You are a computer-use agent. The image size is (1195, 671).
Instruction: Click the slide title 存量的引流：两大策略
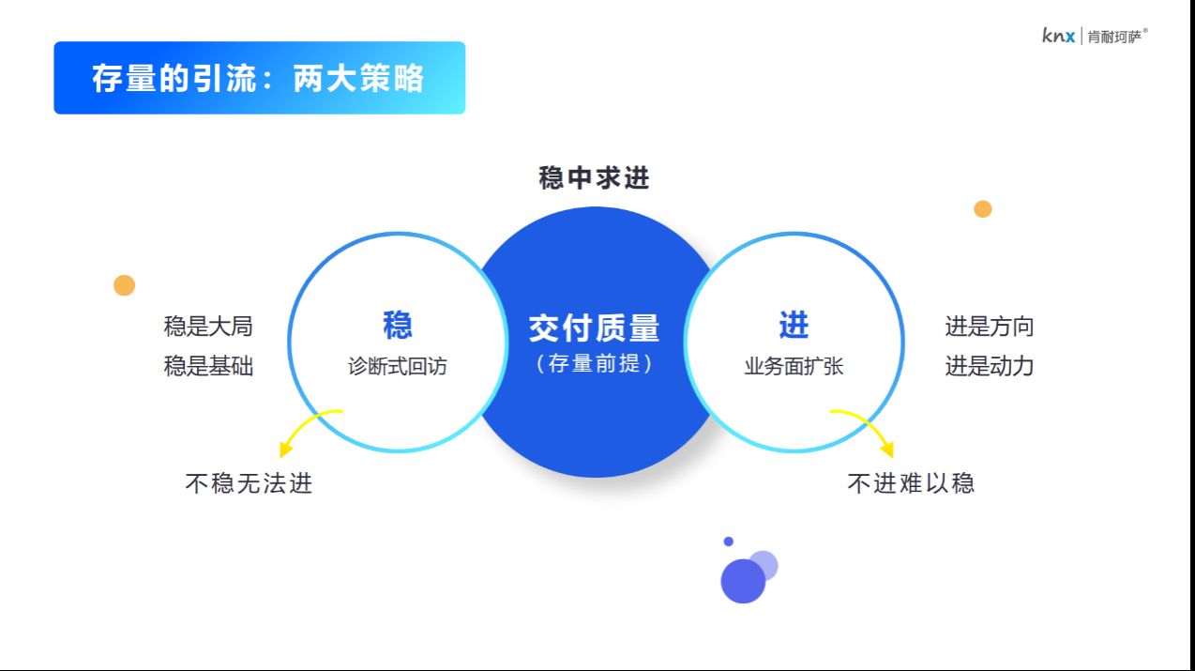pos(258,78)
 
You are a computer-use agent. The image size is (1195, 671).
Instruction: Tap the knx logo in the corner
pos(1059,36)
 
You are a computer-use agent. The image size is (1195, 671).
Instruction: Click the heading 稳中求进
pos(594,177)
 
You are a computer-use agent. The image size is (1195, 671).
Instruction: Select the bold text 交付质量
pos(594,328)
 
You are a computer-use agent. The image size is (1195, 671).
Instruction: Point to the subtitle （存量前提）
pos(594,363)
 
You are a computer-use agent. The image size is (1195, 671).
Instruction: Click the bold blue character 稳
pos(398,325)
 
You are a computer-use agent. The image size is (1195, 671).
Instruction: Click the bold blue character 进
pos(794,325)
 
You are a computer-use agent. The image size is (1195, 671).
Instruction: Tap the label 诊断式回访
pos(398,366)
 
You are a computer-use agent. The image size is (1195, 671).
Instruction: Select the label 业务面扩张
pos(794,366)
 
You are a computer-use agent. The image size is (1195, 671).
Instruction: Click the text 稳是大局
pos(208,327)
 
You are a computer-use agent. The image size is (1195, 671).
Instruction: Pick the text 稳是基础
pos(208,366)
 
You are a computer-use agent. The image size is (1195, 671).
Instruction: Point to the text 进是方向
pos(989,327)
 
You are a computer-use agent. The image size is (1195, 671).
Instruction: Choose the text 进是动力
pos(989,366)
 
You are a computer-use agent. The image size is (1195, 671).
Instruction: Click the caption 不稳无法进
pos(249,483)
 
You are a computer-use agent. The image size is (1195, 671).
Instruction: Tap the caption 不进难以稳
pos(911,483)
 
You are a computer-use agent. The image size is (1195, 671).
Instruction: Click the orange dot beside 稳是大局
pos(125,285)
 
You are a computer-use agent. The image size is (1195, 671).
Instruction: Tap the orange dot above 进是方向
pos(982,209)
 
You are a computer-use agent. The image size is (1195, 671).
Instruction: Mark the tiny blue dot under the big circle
pos(728,541)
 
